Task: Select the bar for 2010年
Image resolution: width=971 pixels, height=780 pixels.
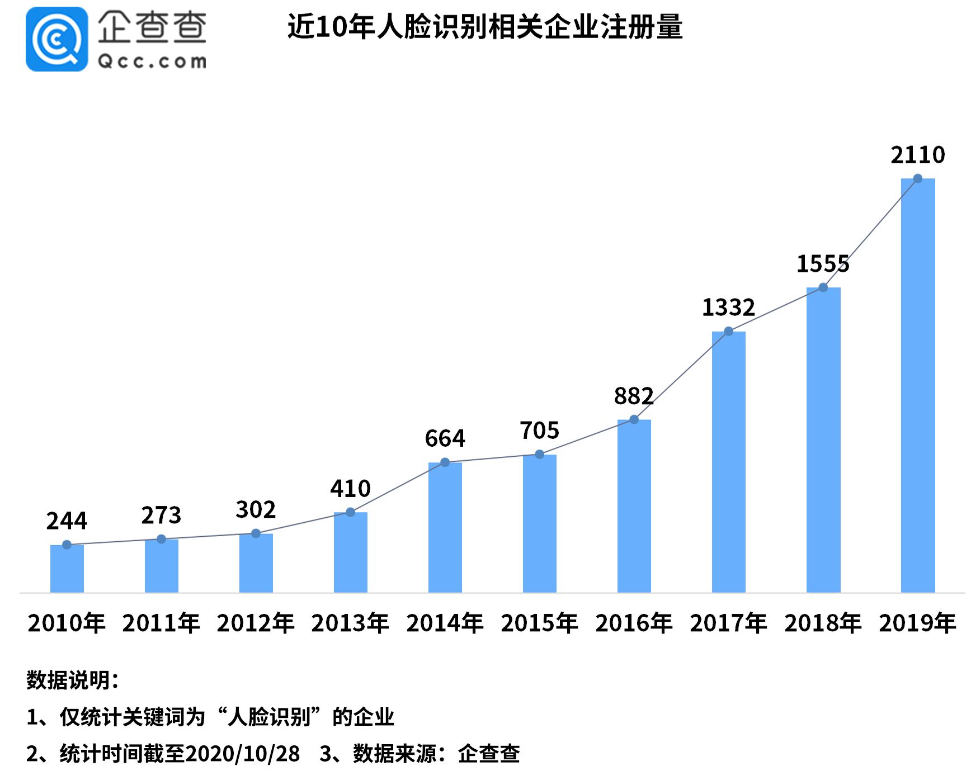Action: click(x=67, y=569)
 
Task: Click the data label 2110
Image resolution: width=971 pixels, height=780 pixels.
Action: click(x=917, y=155)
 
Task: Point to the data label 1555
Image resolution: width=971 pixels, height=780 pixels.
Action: click(x=822, y=264)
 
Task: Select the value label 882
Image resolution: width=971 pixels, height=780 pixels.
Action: click(x=633, y=396)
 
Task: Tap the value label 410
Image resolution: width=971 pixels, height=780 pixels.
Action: click(x=350, y=489)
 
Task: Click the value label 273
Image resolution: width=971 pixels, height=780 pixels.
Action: click(x=161, y=515)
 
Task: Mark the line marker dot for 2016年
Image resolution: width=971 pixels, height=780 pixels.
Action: click(x=634, y=419)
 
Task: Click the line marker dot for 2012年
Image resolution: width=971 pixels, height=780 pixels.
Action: click(x=256, y=533)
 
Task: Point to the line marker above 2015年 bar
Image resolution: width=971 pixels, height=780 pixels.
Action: click(x=539, y=455)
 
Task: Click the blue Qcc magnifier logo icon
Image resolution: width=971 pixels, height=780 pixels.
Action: click(x=56, y=39)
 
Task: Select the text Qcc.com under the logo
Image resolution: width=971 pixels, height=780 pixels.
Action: click(x=152, y=61)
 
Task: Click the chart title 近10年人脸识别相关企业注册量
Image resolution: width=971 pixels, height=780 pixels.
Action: click(x=485, y=27)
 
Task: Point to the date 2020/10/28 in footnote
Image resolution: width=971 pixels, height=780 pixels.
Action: click(x=242, y=754)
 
